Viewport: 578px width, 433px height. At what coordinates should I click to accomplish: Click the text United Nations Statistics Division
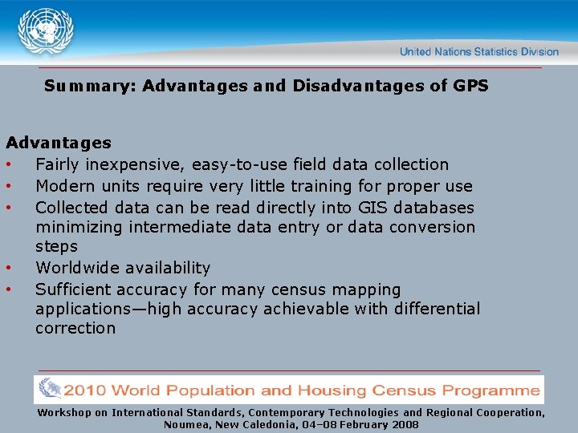click(478, 52)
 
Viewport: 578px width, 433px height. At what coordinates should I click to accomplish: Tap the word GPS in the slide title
click(470, 86)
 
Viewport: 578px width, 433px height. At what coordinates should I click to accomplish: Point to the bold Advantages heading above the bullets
click(59, 143)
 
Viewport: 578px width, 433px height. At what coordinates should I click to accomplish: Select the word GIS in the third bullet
click(369, 208)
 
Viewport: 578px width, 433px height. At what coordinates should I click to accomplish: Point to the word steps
click(56, 247)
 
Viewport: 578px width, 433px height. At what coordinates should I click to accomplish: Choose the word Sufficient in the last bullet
click(74, 289)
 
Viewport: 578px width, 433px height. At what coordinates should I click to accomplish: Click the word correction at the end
click(75, 328)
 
